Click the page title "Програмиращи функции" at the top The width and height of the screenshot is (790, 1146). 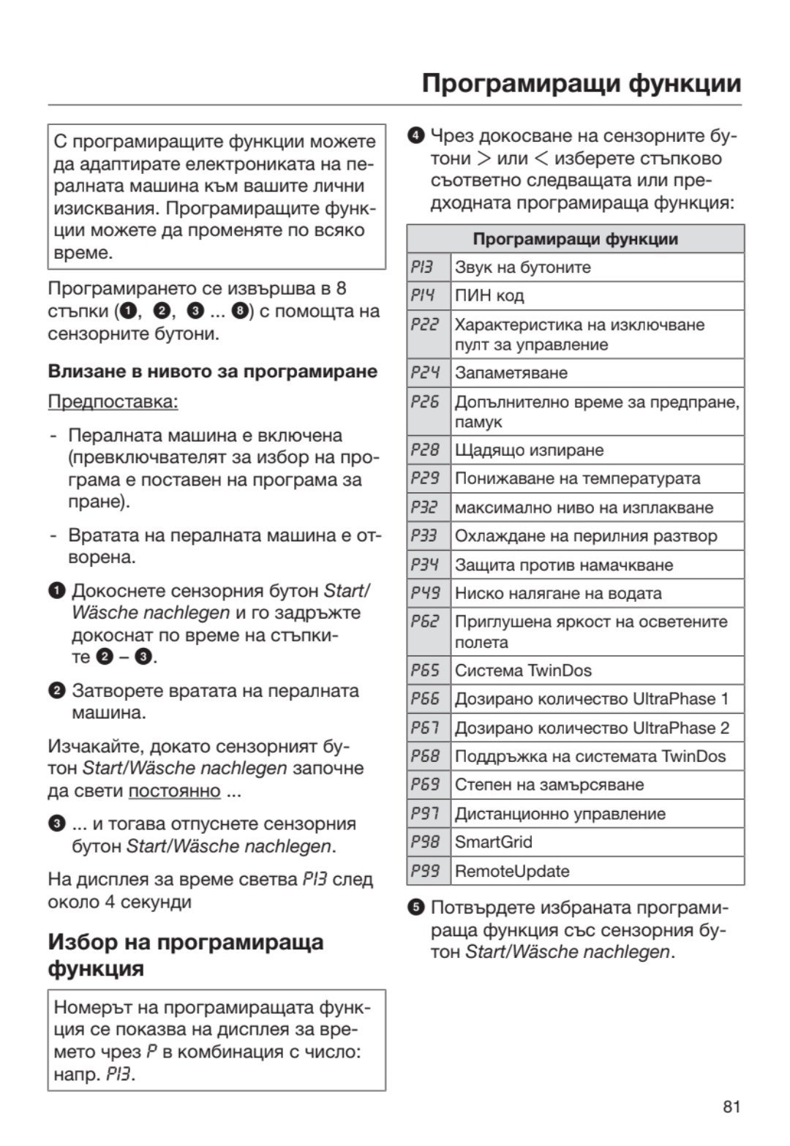(582, 83)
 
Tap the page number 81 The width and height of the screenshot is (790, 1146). (731, 1107)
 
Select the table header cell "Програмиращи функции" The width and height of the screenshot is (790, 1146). (575, 239)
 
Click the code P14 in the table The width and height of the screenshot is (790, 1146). (423, 295)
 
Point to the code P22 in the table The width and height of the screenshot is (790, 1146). (424, 324)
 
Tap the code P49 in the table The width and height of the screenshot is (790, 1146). (424, 593)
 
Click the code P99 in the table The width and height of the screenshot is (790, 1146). (424, 871)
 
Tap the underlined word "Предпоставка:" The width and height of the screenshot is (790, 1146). (113, 402)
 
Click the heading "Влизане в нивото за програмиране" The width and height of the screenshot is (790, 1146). (213, 372)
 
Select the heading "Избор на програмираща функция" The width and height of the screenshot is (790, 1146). (185, 954)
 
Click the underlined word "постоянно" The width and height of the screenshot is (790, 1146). (174, 791)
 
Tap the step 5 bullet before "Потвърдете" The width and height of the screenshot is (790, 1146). (416, 908)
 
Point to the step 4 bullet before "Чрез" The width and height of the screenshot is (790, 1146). (416, 135)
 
